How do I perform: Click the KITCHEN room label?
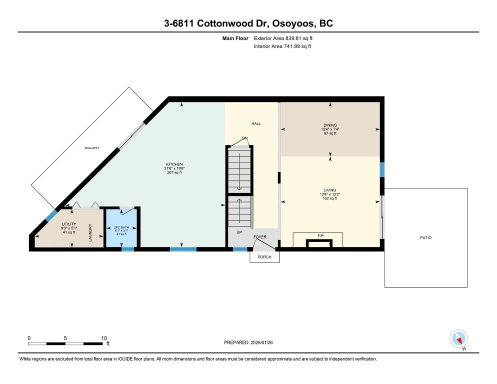tap(174, 164)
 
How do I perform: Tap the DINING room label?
tap(330, 125)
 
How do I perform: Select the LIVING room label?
tap(330, 190)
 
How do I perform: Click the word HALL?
tap(256, 123)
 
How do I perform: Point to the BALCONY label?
tap(92, 148)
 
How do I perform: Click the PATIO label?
tap(425, 237)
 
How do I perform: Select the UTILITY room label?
tap(68, 224)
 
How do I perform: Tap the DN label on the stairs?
tap(245, 138)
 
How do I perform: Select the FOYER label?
tap(260, 237)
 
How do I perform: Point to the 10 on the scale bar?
tap(103, 338)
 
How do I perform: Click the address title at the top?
tap(248, 23)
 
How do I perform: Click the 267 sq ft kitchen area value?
tap(174, 172)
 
